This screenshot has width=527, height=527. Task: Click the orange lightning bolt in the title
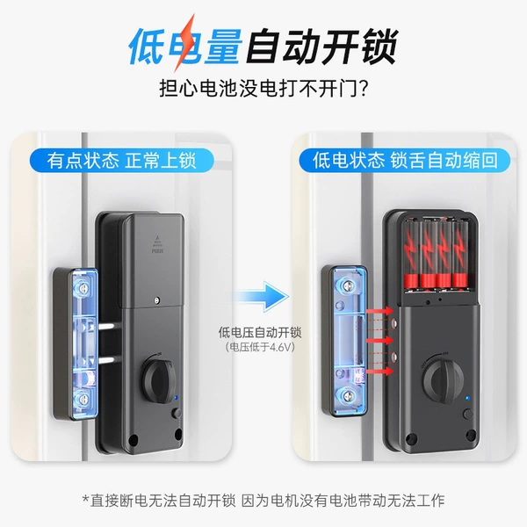(x=184, y=43)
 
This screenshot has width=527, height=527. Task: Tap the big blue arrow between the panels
(x=261, y=297)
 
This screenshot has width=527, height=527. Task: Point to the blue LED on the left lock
(x=177, y=398)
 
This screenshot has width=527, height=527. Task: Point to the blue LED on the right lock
(x=467, y=399)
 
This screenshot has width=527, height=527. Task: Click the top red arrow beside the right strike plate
(x=379, y=311)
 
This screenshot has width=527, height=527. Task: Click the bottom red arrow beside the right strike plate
(x=379, y=371)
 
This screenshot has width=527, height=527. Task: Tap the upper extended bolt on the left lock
(x=109, y=326)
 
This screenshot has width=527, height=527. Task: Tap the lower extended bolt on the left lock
(x=109, y=361)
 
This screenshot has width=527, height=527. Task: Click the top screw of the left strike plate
(x=82, y=287)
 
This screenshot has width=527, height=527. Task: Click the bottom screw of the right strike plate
(x=348, y=395)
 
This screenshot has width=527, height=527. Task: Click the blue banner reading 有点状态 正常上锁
(x=122, y=161)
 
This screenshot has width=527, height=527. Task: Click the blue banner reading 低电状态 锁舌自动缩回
(x=405, y=161)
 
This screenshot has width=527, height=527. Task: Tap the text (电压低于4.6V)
(x=260, y=347)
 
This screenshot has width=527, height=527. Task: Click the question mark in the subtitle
(x=363, y=89)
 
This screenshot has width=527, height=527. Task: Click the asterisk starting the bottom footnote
(x=86, y=498)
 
